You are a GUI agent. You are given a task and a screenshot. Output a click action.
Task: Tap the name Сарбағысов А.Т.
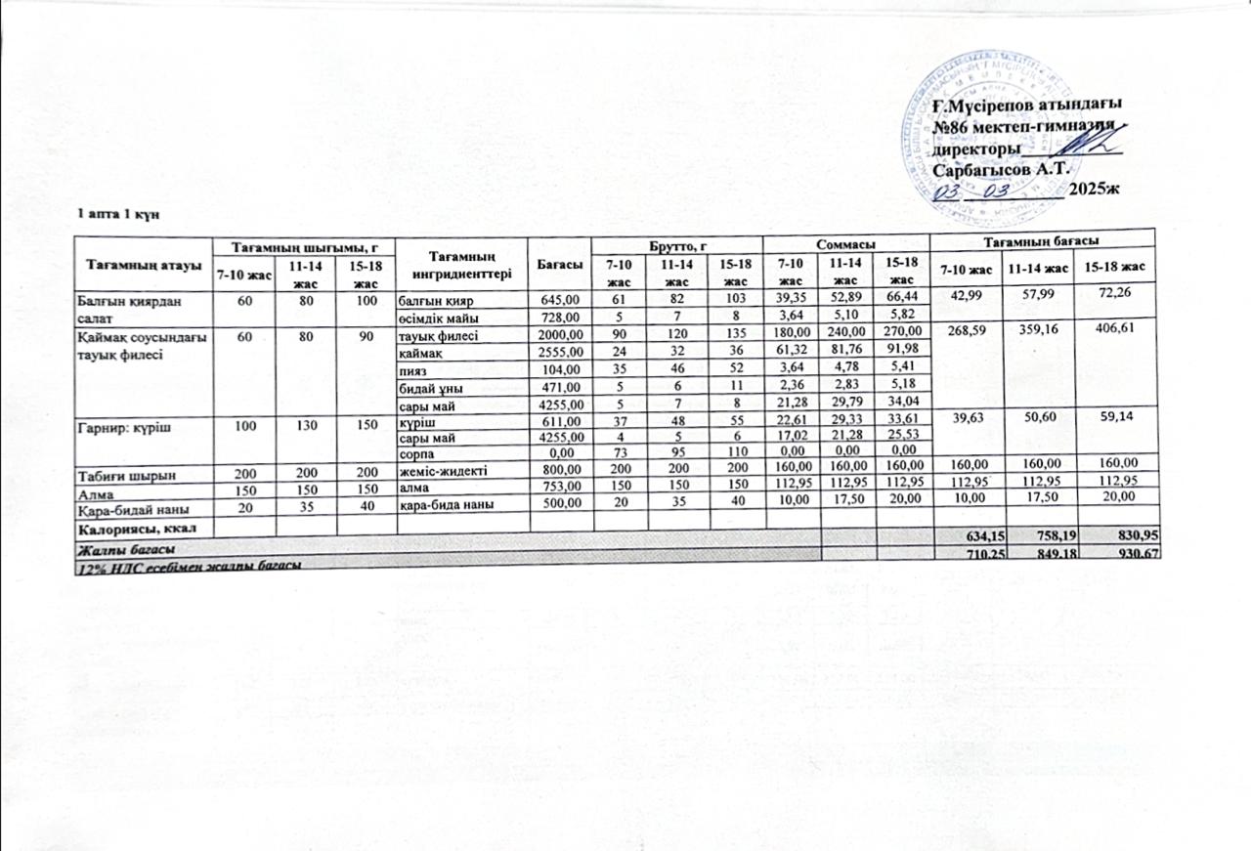1003,168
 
